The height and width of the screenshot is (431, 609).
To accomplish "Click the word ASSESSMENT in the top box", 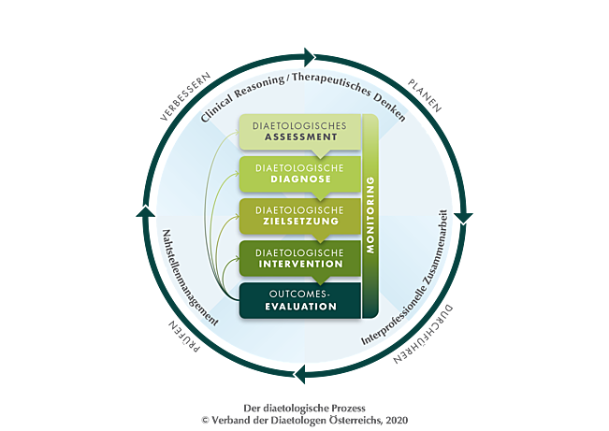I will (x=299, y=136).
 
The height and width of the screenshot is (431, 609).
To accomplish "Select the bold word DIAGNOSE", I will (x=299, y=181).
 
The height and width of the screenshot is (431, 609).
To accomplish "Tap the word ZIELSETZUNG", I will (x=299, y=223).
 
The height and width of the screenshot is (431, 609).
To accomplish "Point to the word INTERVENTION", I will (x=299, y=264).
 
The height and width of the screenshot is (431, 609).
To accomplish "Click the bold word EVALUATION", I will (x=299, y=306).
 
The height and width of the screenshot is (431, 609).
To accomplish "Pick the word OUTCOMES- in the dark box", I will (x=299, y=293).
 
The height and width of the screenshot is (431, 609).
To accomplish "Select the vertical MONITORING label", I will (x=369, y=216).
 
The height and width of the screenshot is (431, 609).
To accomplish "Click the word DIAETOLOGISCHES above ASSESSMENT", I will (x=299, y=124).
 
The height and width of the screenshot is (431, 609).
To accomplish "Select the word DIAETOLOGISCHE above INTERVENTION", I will (x=299, y=251).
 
